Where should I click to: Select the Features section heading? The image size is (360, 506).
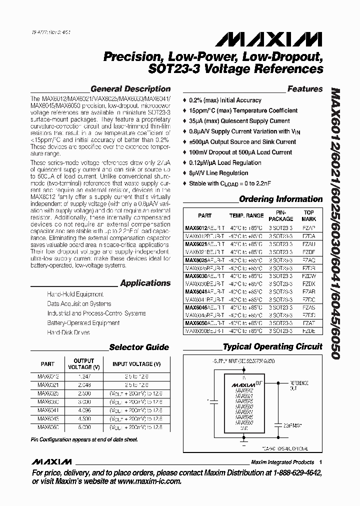pos(304,89)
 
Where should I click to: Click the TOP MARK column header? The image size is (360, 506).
pos(309,215)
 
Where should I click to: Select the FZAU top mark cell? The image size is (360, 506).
pos(309,244)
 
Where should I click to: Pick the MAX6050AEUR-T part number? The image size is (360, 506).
pos(204,323)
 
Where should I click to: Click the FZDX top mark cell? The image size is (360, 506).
pos(309,283)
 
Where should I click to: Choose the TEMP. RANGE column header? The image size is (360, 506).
pos(246,215)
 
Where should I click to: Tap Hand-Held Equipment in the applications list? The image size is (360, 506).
pos(75,294)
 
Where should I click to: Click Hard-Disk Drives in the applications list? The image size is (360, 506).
pos(69,332)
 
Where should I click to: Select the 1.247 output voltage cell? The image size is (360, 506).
pos(83,375)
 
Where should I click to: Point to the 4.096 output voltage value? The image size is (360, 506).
pos(83,409)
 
